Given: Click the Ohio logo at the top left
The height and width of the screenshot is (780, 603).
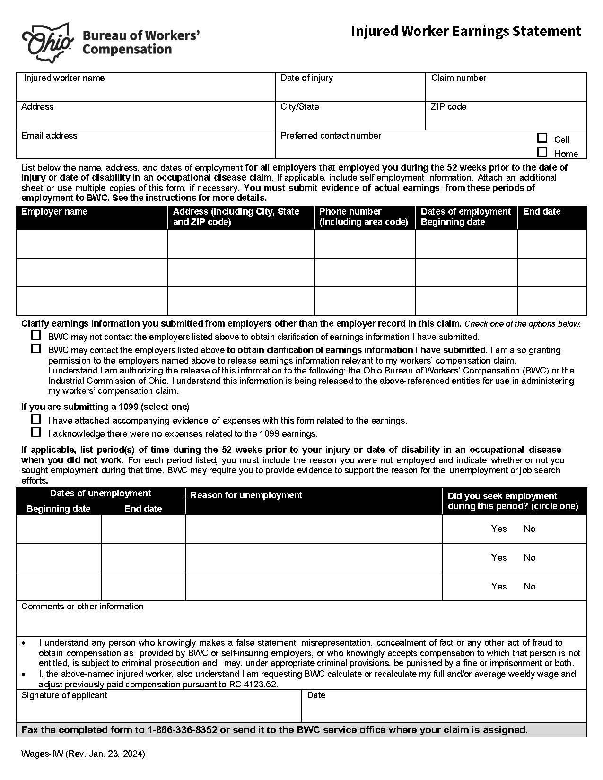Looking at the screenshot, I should (x=48, y=43).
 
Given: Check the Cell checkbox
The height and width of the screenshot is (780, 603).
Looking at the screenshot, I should (x=542, y=138).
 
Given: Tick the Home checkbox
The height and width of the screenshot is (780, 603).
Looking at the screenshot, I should (x=542, y=152).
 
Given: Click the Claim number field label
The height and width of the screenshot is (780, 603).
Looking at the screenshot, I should (x=458, y=78).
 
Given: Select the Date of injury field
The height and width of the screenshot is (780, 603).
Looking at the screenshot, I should (x=350, y=88).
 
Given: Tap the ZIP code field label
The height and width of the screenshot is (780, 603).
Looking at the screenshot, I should (x=448, y=107).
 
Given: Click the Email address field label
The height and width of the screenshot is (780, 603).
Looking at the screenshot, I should (x=49, y=136).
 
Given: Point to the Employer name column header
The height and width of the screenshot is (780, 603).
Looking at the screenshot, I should (x=54, y=212).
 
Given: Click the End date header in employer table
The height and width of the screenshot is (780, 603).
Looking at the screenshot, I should (x=542, y=212).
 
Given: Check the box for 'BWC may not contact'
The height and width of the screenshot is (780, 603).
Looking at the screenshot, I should (x=36, y=336).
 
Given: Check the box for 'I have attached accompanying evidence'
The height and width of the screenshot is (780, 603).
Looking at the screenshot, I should (x=36, y=419).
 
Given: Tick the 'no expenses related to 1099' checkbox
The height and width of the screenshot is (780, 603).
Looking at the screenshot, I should (x=36, y=432).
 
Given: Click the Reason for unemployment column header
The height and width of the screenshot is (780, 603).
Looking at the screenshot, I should (x=246, y=495).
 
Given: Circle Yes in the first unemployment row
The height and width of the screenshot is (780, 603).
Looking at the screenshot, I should (x=498, y=529).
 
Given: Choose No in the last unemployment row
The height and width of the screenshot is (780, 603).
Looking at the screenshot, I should (x=529, y=587).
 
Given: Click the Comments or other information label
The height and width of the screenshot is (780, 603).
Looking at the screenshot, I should (x=82, y=607).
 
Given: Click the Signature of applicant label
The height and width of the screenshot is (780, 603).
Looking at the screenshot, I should (x=64, y=695).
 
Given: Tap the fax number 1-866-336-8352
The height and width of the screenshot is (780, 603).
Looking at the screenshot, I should (x=182, y=730).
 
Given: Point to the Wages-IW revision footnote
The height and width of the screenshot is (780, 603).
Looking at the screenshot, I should (x=83, y=754).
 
